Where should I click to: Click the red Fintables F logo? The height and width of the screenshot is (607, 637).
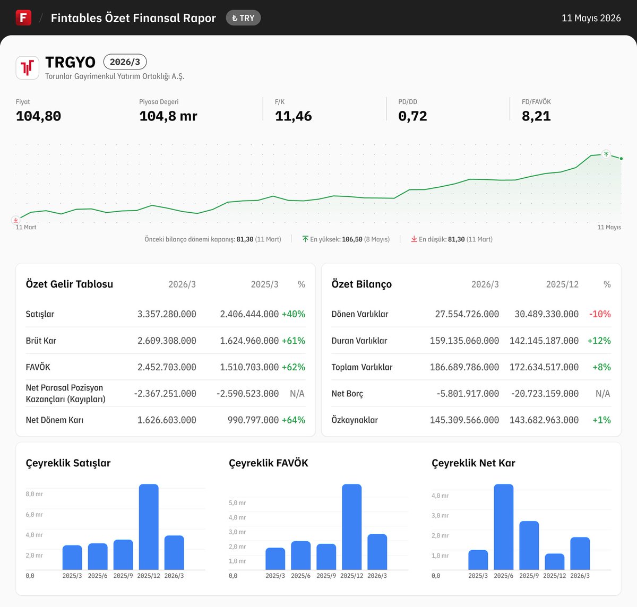click(23, 18)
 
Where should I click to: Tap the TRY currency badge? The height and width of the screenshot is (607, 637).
click(243, 18)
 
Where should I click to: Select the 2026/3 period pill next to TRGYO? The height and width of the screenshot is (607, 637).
click(125, 62)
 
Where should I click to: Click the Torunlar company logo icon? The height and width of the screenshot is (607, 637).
click(27, 68)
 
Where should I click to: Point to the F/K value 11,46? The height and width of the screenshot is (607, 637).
click(293, 116)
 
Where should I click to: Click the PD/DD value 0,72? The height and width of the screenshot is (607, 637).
click(412, 116)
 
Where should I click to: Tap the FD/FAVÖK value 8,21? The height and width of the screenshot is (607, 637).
click(536, 116)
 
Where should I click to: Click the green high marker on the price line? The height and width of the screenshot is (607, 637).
click(606, 154)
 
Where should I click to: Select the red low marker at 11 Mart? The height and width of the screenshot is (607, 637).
click(15, 220)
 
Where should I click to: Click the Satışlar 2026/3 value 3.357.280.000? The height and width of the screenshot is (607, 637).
click(167, 314)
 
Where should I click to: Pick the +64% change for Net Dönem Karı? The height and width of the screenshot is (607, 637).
click(293, 420)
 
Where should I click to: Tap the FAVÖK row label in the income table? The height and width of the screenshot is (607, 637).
click(38, 367)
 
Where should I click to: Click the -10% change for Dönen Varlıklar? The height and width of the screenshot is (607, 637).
click(600, 314)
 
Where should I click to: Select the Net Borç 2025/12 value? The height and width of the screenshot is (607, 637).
click(545, 394)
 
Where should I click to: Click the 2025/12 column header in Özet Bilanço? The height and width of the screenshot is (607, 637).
click(562, 284)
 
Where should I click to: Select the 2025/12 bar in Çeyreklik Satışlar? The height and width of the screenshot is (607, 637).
click(149, 527)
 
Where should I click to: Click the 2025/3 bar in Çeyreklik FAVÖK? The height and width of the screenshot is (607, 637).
click(275, 558)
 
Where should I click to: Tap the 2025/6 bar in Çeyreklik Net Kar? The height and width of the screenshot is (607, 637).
click(504, 527)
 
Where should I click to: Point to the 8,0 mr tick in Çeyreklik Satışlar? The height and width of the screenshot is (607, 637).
click(35, 494)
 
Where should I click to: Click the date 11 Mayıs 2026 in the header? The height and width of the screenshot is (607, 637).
click(591, 18)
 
